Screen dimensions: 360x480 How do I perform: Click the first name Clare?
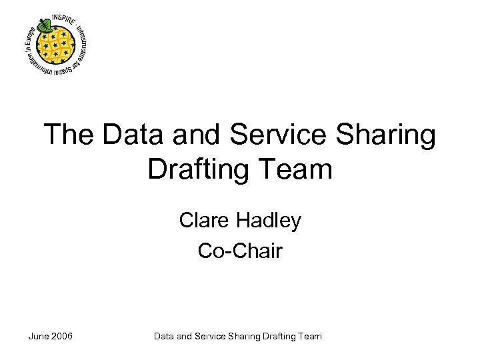[203, 220]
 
